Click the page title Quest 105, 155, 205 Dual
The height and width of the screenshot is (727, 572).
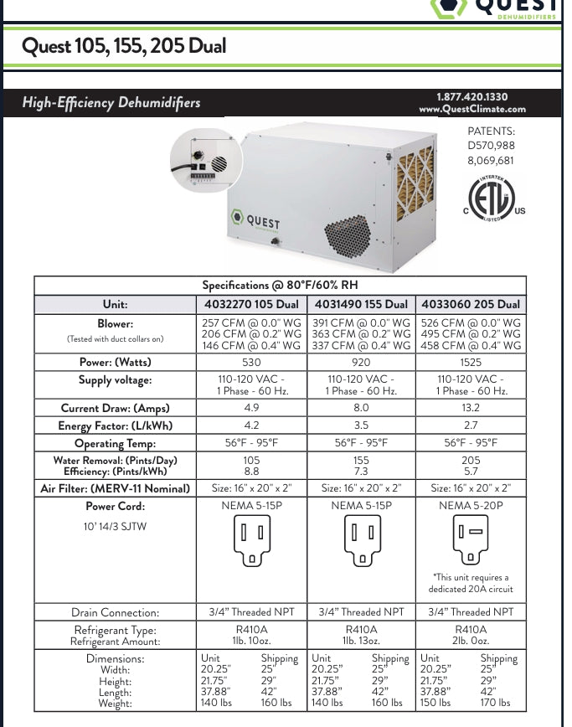point(124,46)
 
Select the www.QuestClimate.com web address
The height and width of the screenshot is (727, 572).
point(472,110)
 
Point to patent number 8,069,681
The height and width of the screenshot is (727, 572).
point(491,160)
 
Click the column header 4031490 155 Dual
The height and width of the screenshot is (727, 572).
point(363,304)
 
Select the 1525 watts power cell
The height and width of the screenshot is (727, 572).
point(471,363)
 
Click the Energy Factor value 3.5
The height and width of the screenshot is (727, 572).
point(363,425)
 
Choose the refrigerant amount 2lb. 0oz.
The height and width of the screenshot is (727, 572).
point(471,642)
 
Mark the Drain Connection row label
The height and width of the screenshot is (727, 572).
point(115,612)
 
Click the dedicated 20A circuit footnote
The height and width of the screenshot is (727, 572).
point(471,583)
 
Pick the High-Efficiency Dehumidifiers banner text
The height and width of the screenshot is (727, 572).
point(111,102)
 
